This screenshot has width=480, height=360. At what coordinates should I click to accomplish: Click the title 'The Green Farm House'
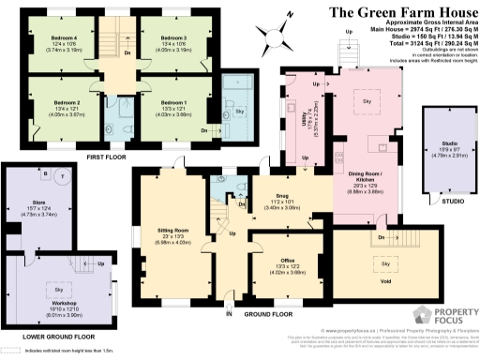pos(402,12)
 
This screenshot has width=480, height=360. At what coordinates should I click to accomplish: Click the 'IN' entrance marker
pos(228,315)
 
